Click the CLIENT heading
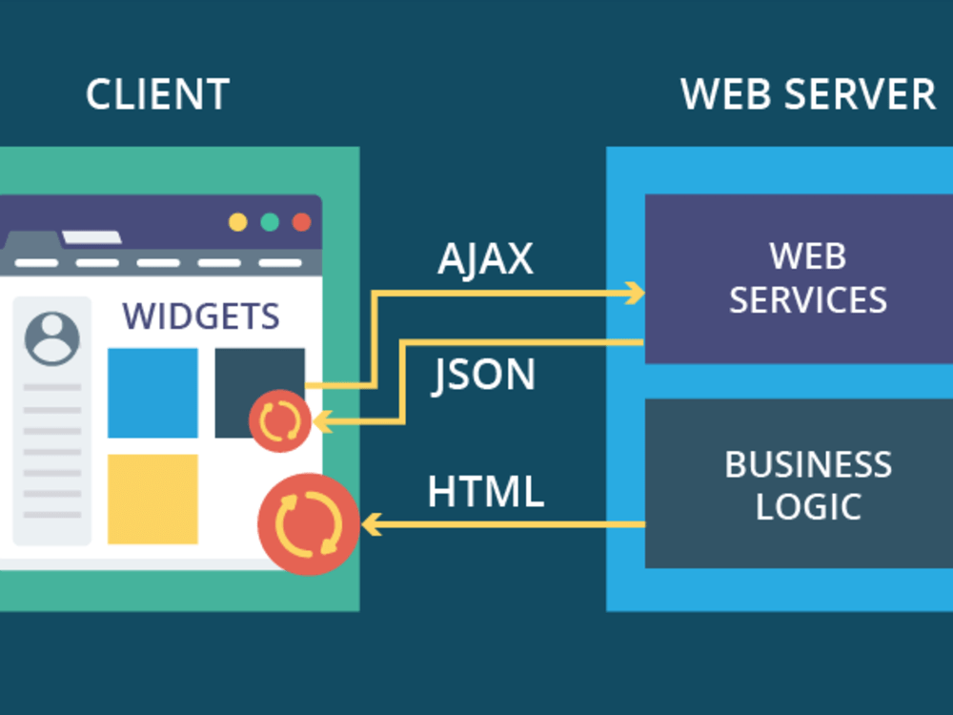pyautogui.click(x=157, y=94)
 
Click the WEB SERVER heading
pyautogui.click(x=808, y=94)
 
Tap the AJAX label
pyautogui.click(x=485, y=259)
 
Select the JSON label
pyautogui.click(x=483, y=375)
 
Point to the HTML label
pyautogui.click(x=485, y=492)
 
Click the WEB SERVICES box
pyautogui.click(x=799, y=278)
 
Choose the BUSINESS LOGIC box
pyautogui.click(x=799, y=483)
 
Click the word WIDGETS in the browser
pyautogui.click(x=201, y=316)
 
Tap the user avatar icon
pyautogui.click(x=52, y=337)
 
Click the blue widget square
pyautogui.click(x=152, y=393)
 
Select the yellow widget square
pyautogui.click(x=152, y=499)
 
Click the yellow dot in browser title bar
pyautogui.click(x=237, y=222)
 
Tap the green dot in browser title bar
pyautogui.click(x=270, y=222)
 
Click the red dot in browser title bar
pyautogui.click(x=301, y=222)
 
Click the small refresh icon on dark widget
pyautogui.click(x=280, y=420)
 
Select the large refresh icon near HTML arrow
pyautogui.click(x=308, y=524)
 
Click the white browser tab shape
pyautogui.click(x=91, y=236)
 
